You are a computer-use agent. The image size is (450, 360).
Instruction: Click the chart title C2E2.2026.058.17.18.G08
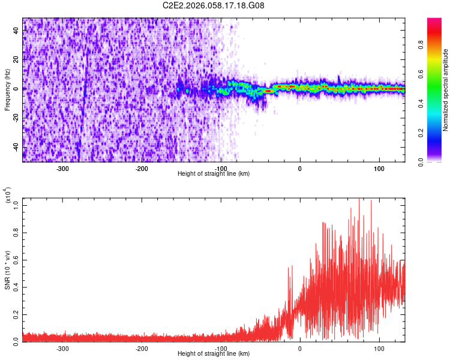click(x=214, y=5)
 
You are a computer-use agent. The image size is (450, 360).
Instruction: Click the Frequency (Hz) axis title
click(x=7, y=89)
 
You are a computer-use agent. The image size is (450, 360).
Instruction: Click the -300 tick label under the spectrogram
click(x=62, y=169)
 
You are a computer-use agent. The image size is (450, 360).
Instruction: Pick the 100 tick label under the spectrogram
click(x=379, y=169)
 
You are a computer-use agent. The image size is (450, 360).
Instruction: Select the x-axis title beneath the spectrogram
click(x=214, y=174)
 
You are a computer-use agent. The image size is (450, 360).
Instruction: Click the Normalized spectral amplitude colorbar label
click(x=446, y=90)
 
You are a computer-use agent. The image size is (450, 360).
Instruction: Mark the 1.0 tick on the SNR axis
click(x=16, y=205)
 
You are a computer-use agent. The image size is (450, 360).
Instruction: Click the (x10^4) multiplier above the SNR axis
click(x=8, y=196)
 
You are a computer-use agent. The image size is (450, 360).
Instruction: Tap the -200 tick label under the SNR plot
click(x=142, y=349)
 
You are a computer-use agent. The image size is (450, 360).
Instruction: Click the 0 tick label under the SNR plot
click(x=300, y=349)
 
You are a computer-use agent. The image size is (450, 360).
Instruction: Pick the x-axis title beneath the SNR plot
click(x=214, y=354)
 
